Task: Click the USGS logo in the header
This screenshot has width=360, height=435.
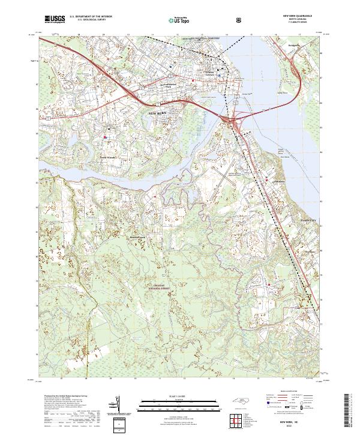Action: click(x=55, y=19)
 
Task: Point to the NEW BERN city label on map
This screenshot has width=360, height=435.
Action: click(x=160, y=112)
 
